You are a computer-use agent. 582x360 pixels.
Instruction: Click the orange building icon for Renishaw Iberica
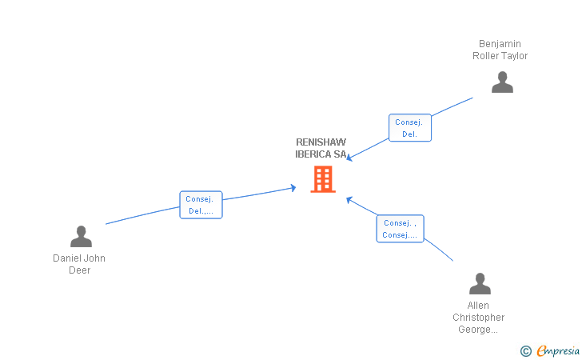pos(322,179)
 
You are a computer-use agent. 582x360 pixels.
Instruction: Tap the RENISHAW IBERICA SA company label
pos(321,148)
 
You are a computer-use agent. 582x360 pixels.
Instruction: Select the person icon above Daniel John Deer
pos(81,237)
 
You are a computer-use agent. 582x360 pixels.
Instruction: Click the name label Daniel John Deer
pos(79,264)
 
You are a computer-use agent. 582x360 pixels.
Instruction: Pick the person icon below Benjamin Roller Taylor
pos(502,82)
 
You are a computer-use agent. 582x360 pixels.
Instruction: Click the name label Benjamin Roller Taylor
pos(500,50)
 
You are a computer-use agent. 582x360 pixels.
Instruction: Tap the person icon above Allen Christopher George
pos(480,284)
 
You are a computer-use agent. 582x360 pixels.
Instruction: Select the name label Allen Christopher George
pos(479,317)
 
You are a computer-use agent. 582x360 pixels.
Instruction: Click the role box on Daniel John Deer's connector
pos(201,205)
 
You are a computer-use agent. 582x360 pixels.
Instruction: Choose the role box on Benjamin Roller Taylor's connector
pos(410,128)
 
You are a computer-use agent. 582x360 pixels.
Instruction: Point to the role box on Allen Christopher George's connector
pos(400,229)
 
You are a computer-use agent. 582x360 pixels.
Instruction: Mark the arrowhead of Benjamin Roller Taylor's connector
pos(349,158)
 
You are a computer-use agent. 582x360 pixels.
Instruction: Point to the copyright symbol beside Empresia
pos(525,350)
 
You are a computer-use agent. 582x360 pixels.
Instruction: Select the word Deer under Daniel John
pos(79,270)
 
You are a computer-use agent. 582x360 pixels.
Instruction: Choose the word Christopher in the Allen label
pos(479,317)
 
